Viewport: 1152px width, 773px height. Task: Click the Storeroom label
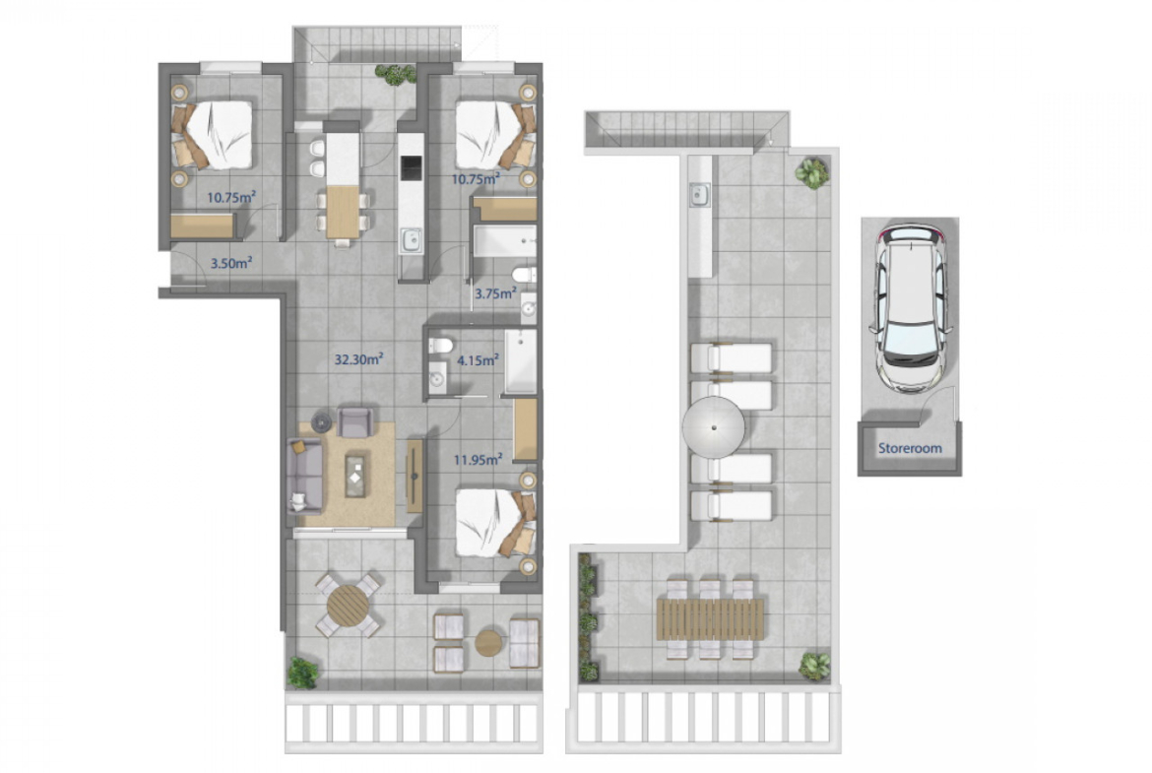coord(910,448)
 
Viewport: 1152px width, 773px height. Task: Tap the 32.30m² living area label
coord(359,359)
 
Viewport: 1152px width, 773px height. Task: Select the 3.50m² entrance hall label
coord(231,262)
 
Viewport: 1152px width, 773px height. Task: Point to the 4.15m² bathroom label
coord(478,360)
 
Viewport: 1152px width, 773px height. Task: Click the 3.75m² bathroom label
coord(495,293)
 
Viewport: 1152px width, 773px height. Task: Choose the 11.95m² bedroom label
coord(478,460)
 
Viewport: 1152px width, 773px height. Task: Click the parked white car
coord(910,308)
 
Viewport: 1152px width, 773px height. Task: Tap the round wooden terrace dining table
coord(349,606)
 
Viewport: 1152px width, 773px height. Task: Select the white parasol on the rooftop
coord(714,427)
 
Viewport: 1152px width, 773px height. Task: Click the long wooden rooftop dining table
coord(710,618)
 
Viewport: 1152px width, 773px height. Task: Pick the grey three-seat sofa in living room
coord(305,476)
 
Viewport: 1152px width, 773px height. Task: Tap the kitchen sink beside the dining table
coord(412,239)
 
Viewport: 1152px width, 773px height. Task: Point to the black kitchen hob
coord(412,168)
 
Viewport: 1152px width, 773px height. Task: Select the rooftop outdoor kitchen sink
coord(699,195)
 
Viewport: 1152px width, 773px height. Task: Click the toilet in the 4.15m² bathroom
coord(440,345)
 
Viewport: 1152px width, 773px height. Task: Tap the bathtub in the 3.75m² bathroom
coord(505,241)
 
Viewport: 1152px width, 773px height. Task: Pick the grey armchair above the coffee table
coord(355,422)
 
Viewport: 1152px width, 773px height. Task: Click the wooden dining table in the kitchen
coord(343,213)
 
